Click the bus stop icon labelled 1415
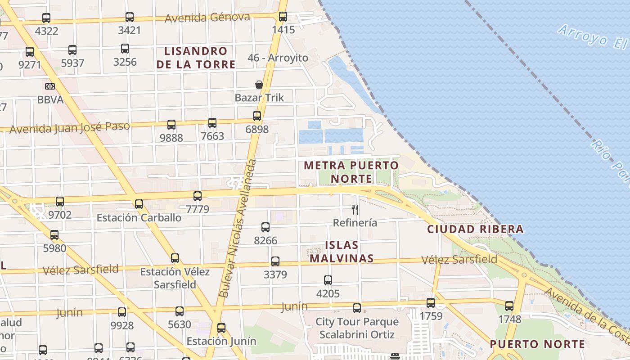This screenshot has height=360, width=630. click(283, 17)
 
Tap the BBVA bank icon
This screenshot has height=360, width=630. click(50, 86)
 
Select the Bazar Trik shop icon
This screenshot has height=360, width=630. click(259, 84)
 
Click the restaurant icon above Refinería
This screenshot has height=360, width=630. click(355, 209)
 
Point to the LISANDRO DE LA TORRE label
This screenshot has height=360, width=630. click(196, 58)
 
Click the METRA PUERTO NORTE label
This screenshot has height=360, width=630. click(351, 172)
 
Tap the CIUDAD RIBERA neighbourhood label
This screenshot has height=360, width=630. click(475, 229)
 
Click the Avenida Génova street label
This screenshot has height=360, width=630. click(207, 18)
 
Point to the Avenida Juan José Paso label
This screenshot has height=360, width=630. click(70, 128)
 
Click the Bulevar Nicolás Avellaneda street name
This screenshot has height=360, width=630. click(238, 228)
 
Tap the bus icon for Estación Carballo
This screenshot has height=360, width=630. click(139, 204)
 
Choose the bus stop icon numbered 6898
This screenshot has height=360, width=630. click(257, 116)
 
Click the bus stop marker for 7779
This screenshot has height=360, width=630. click(198, 196)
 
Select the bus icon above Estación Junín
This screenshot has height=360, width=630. click(221, 328)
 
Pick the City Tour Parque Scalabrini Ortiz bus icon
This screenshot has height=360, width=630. click(357, 308)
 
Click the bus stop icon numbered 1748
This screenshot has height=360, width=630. click(509, 306)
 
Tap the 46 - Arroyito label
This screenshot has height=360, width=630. click(278, 58)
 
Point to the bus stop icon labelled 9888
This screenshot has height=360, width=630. click(171, 125)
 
